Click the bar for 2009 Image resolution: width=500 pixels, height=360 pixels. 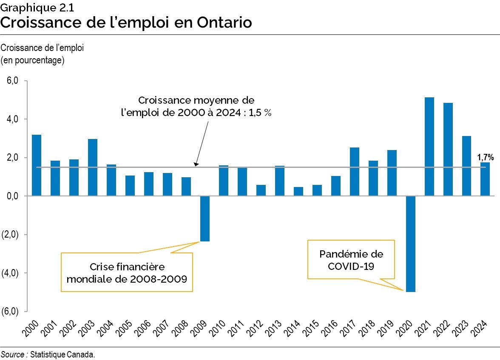pyautogui.click(x=205, y=218)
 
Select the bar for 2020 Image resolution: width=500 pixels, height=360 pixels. pyautogui.click(x=411, y=244)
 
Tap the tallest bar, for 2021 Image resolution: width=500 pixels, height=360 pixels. pyautogui.click(x=429, y=147)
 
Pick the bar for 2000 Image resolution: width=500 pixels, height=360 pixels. pyautogui.click(x=37, y=165)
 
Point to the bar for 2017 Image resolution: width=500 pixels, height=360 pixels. pyautogui.click(x=355, y=172)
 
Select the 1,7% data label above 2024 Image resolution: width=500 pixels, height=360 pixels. pyautogui.click(x=485, y=157)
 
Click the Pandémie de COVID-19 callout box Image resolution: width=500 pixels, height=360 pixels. pyautogui.click(x=351, y=260)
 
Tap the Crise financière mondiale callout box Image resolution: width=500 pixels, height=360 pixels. pyautogui.click(x=127, y=272)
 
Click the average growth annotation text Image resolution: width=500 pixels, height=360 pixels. pyautogui.click(x=196, y=107)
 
